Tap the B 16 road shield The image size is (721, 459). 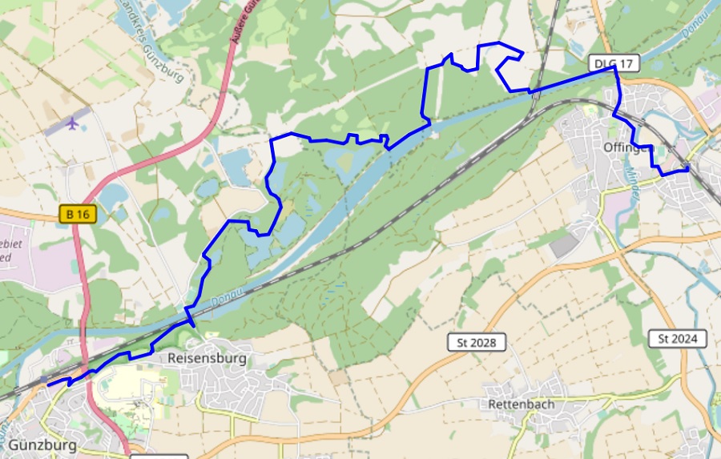(78, 214)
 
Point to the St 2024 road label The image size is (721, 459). (677, 339)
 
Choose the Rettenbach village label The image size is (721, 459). (521, 405)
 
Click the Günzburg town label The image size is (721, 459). (43, 445)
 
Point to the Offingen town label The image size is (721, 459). (629, 147)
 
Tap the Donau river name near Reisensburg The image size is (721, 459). (226, 300)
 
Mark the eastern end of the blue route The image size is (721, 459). (688, 169)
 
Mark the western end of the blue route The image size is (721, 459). (48, 385)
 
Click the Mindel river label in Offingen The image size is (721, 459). (633, 176)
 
